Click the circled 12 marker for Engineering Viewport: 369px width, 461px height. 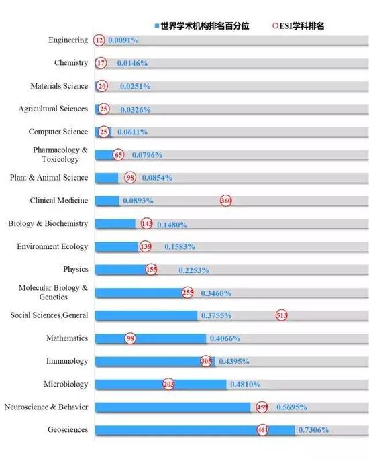click(x=99, y=40)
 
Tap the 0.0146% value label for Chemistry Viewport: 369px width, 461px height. click(x=132, y=63)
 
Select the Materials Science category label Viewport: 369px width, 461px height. click(x=59, y=86)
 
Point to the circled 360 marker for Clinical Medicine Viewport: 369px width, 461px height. click(x=226, y=201)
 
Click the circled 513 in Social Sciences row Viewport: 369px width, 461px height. click(x=282, y=315)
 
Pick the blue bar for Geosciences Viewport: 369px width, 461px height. click(x=195, y=430)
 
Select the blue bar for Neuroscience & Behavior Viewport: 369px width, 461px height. click(x=173, y=407)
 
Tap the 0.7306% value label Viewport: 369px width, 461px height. click(x=313, y=430)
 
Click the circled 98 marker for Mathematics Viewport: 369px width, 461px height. click(x=130, y=338)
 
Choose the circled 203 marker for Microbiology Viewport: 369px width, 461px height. click(x=168, y=384)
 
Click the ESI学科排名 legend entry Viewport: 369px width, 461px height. click(x=299, y=26)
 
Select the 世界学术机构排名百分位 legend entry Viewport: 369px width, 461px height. click(x=203, y=26)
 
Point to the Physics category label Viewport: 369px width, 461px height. click(x=76, y=269)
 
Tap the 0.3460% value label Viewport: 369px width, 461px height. click(x=216, y=293)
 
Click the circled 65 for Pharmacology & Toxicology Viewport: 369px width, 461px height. click(x=119, y=154)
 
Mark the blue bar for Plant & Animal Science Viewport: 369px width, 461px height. click(x=107, y=178)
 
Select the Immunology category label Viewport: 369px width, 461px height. click(x=67, y=361)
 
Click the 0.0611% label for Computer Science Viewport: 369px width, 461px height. click(x=133, y=132)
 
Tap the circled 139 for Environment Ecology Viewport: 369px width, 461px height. click(x=145, y=246)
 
